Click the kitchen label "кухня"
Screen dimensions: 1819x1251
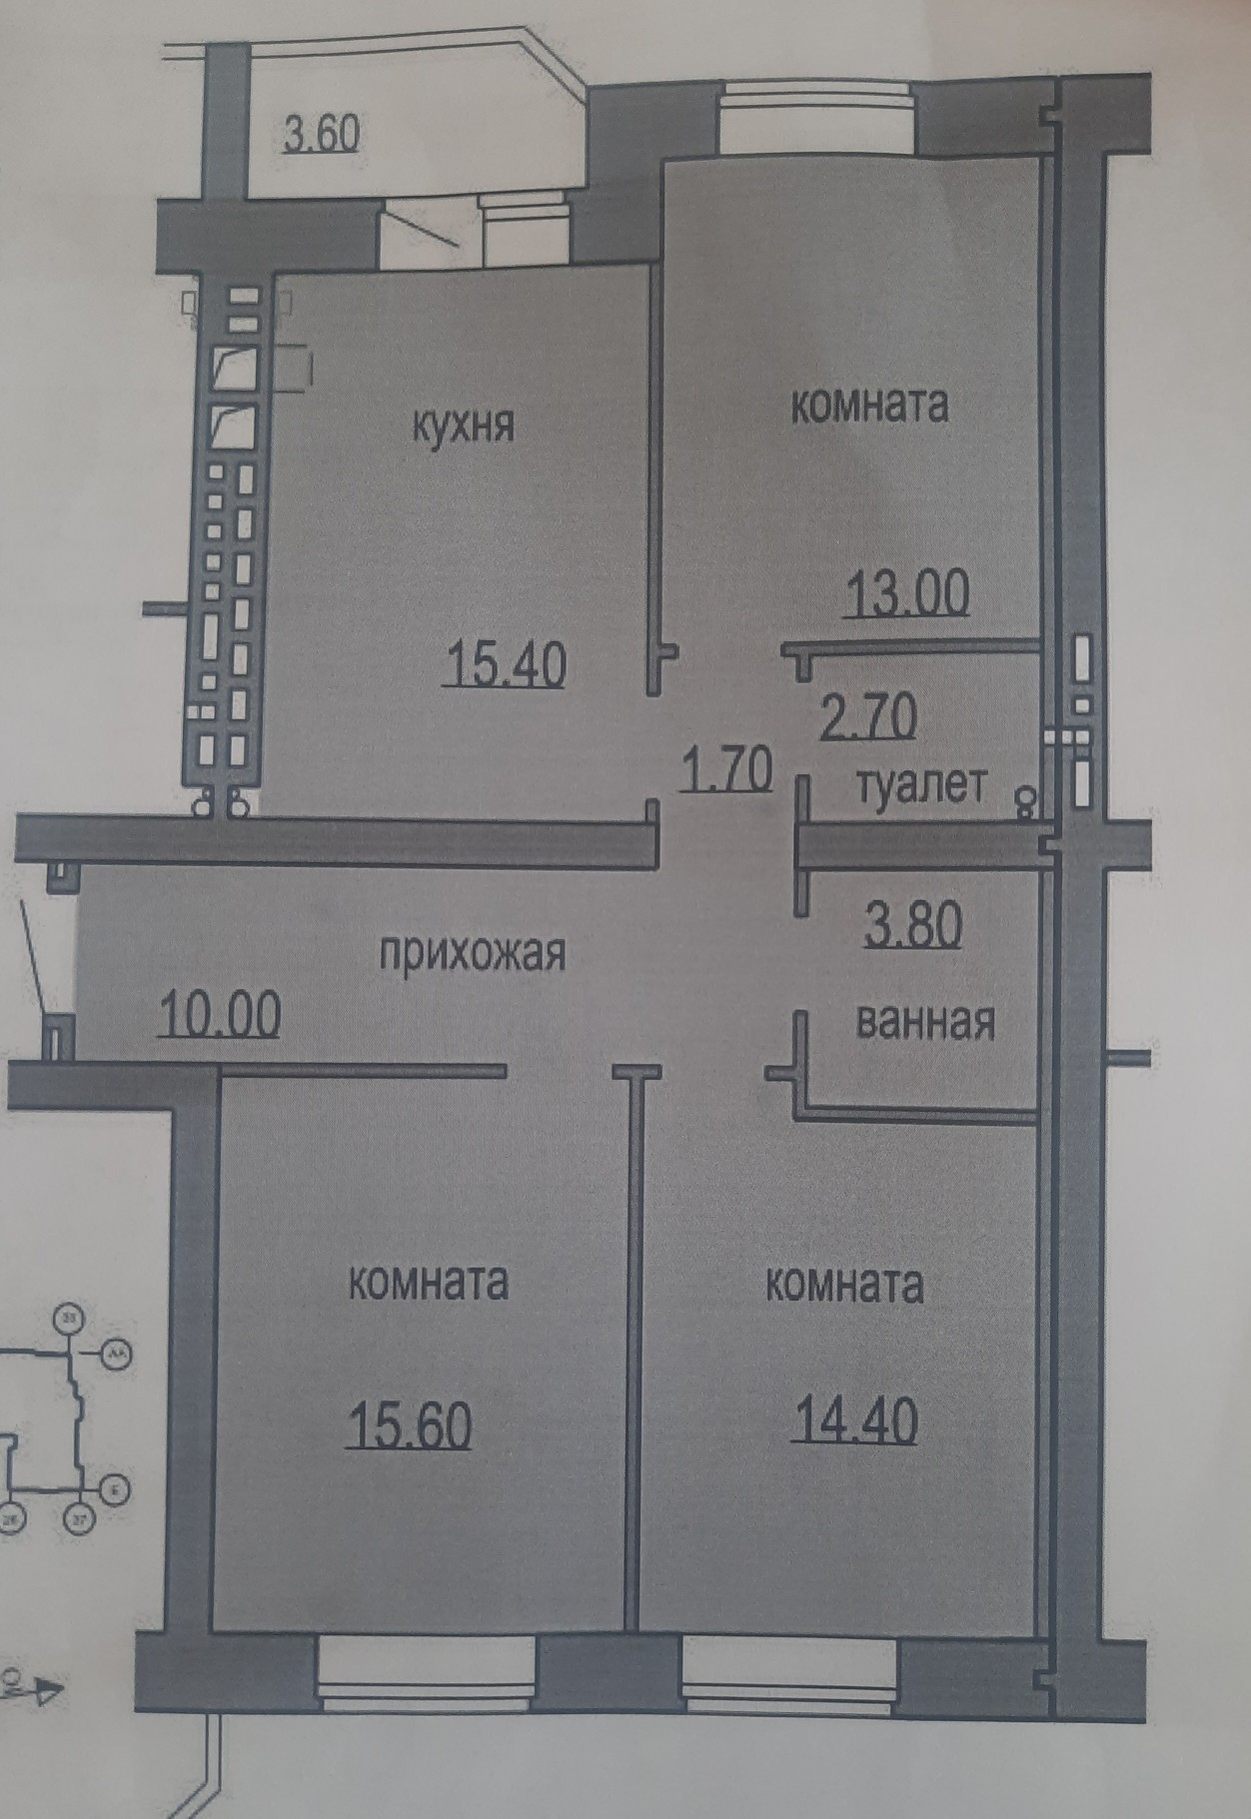click(x=464, y=427)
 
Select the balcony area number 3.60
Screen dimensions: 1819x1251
click(x=321, y=134)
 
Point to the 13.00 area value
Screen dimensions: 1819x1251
click(x=906, y=594)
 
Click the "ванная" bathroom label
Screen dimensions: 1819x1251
click(x=925, y=1022)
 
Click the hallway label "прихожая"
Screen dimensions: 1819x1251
click(x=473, y=953)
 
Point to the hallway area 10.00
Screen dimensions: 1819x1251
click(x=220, y=1016)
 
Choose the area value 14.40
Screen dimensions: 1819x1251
click(x=854, y=1421)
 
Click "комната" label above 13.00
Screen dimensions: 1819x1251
click(x=869, y=406)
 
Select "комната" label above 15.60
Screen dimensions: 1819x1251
click(x=428, y=1282)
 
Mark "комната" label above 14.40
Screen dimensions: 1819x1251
click(x=844, y=1286)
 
